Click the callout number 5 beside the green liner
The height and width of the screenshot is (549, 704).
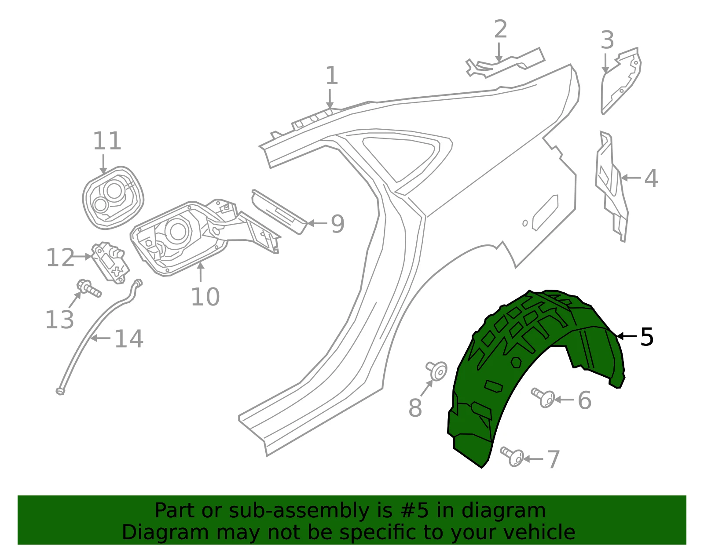click(647, 337)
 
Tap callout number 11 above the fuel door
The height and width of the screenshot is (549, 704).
click(107, 141)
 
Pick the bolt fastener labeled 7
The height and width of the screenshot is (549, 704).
click(512, 457)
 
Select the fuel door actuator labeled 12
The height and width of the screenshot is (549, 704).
click(110, 263)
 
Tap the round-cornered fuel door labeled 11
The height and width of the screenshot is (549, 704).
click(113, 198)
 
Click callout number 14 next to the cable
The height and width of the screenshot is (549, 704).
click(129, 339)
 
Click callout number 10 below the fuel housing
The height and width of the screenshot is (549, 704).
click(205, 297)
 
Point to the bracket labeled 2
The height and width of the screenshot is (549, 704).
click(506, 64)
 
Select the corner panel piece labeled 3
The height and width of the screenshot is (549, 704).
click(620, 81)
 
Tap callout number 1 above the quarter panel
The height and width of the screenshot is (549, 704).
click(332, 76)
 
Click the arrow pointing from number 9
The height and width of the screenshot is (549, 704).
click(317, 223)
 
